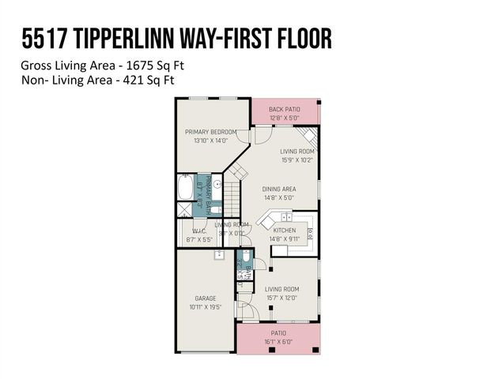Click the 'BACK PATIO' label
285,109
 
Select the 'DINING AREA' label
279,189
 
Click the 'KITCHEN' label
285,230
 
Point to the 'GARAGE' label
205,298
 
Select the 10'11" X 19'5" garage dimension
205,306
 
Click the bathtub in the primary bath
184,189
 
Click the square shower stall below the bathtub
184,209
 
